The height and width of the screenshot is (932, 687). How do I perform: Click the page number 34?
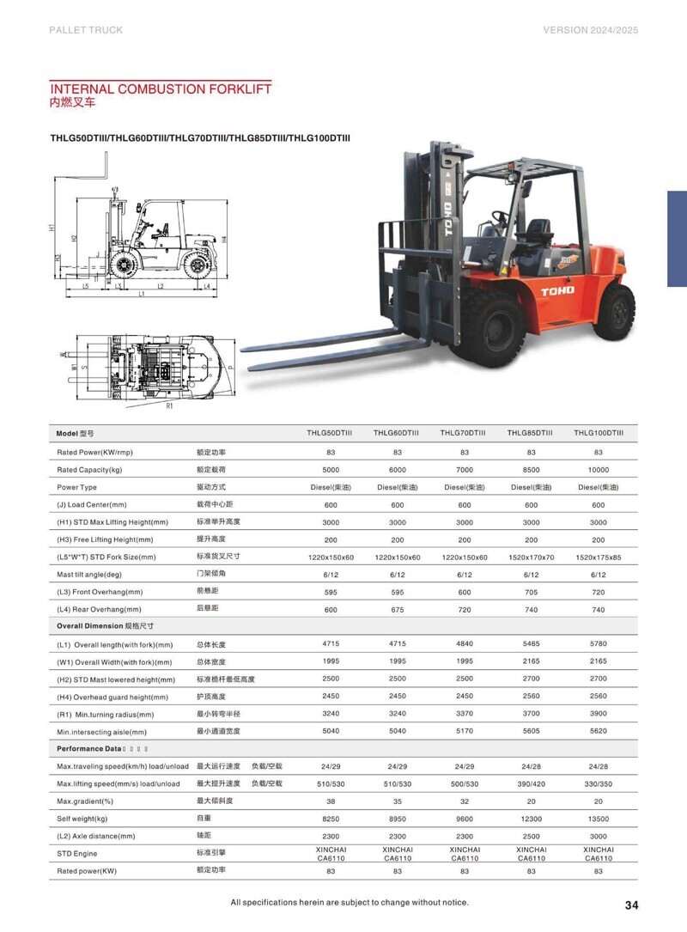click(x=631, y=905)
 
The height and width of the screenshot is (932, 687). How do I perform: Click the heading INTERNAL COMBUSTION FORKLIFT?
click(x=161, y=88)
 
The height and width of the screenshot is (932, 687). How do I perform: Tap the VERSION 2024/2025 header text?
click(x=591, y=30)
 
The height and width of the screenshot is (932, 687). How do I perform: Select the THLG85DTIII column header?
click(x=530, y=433)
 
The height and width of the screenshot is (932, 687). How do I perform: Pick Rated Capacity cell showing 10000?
click(x=598, y=470)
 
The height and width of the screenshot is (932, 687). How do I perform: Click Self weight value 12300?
click(x=531, y=819)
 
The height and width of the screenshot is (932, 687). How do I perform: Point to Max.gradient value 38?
click(x=330, y=801)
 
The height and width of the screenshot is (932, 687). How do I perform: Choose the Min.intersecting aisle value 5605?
click(x=531, y=731)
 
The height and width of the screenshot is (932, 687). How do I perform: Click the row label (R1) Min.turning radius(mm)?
click(x=106, y=715)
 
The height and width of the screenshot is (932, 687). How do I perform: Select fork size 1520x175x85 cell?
click(x=598, y=557)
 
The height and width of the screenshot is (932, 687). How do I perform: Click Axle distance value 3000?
click(x=598, y=836)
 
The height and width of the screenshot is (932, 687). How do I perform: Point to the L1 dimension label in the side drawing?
click(x=141, y=295)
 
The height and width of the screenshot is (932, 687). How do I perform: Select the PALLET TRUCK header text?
click(x=86, y=30)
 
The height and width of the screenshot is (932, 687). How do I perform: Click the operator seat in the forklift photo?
click(x=537, y=232)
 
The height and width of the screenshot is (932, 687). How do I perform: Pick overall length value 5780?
click(x=598, y=643)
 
